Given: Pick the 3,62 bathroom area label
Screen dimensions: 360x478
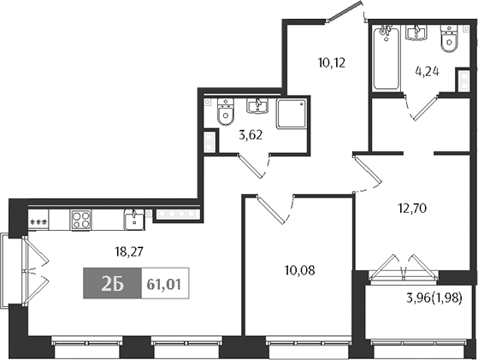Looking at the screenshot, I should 250,134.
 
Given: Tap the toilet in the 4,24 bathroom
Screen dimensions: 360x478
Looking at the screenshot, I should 447,39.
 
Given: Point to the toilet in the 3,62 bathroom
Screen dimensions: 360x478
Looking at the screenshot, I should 226,114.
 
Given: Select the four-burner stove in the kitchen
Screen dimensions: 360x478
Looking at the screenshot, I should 81,221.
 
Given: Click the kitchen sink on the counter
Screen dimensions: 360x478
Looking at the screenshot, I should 134,221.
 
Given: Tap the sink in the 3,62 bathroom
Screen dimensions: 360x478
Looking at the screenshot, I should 257,108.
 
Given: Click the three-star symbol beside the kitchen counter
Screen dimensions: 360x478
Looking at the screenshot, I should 38,222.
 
